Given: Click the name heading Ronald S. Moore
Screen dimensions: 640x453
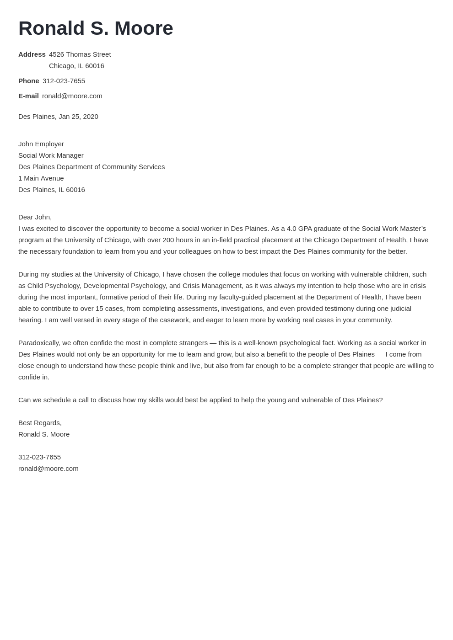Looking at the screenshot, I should [x=96, y=28].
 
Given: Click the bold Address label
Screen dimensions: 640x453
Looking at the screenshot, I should [x=32, y=54].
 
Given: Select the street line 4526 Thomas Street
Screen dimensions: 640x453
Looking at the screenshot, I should [x=80, y=54].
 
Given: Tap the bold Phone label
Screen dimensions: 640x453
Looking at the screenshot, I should [x=28, y=81].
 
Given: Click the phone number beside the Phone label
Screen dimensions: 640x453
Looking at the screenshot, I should [x=64, y=81].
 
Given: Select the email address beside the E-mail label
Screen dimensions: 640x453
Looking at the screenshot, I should [x=72, y=96].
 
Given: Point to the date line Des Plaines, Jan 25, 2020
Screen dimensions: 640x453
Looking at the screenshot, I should [x=58, y=117].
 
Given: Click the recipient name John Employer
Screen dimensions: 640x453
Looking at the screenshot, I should [x=41, y=144].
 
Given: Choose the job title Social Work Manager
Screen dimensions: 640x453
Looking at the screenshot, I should [x=51, y=155].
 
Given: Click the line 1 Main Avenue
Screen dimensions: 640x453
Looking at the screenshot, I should [x=41, y=178].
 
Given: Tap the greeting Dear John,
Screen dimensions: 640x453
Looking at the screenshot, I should [x=35, y=217].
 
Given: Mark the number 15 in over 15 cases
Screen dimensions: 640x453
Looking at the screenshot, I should [x=99, y=309].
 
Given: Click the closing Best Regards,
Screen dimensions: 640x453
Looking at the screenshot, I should [x=40, y=423].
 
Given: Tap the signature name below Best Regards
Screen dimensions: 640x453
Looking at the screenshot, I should [x=44, y=434].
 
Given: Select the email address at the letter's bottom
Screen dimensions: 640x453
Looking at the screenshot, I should [x=48, y=469].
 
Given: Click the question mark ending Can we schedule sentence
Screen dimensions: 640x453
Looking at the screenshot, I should [x=381, y=400].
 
